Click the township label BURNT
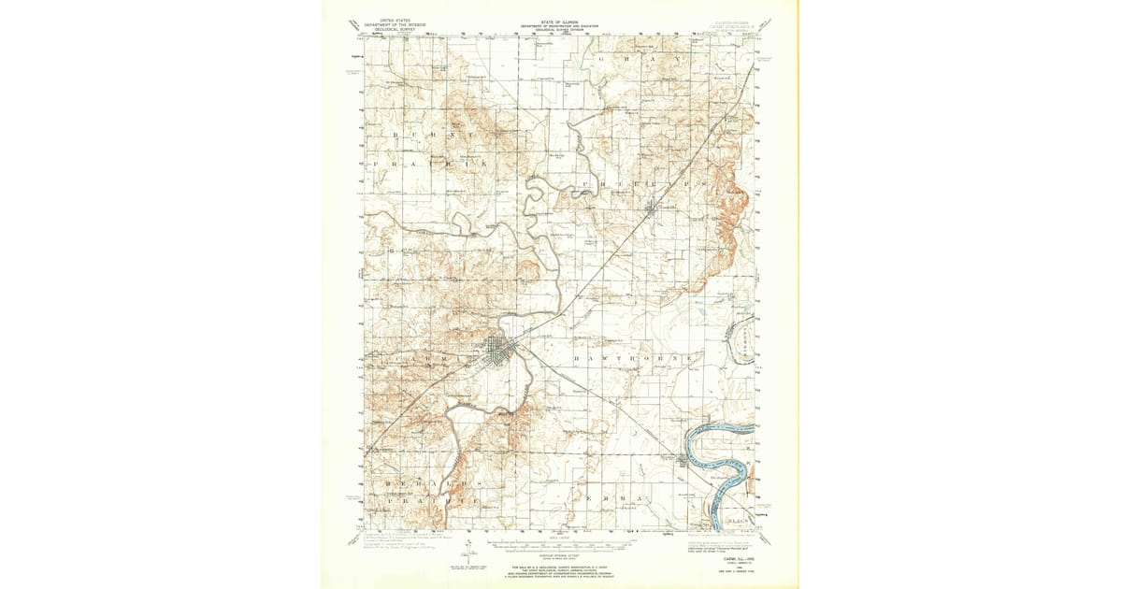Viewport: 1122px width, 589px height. point(429,136)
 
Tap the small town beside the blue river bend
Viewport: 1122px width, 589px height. point(683,461)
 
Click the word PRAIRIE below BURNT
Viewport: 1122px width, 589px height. point(429,164)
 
